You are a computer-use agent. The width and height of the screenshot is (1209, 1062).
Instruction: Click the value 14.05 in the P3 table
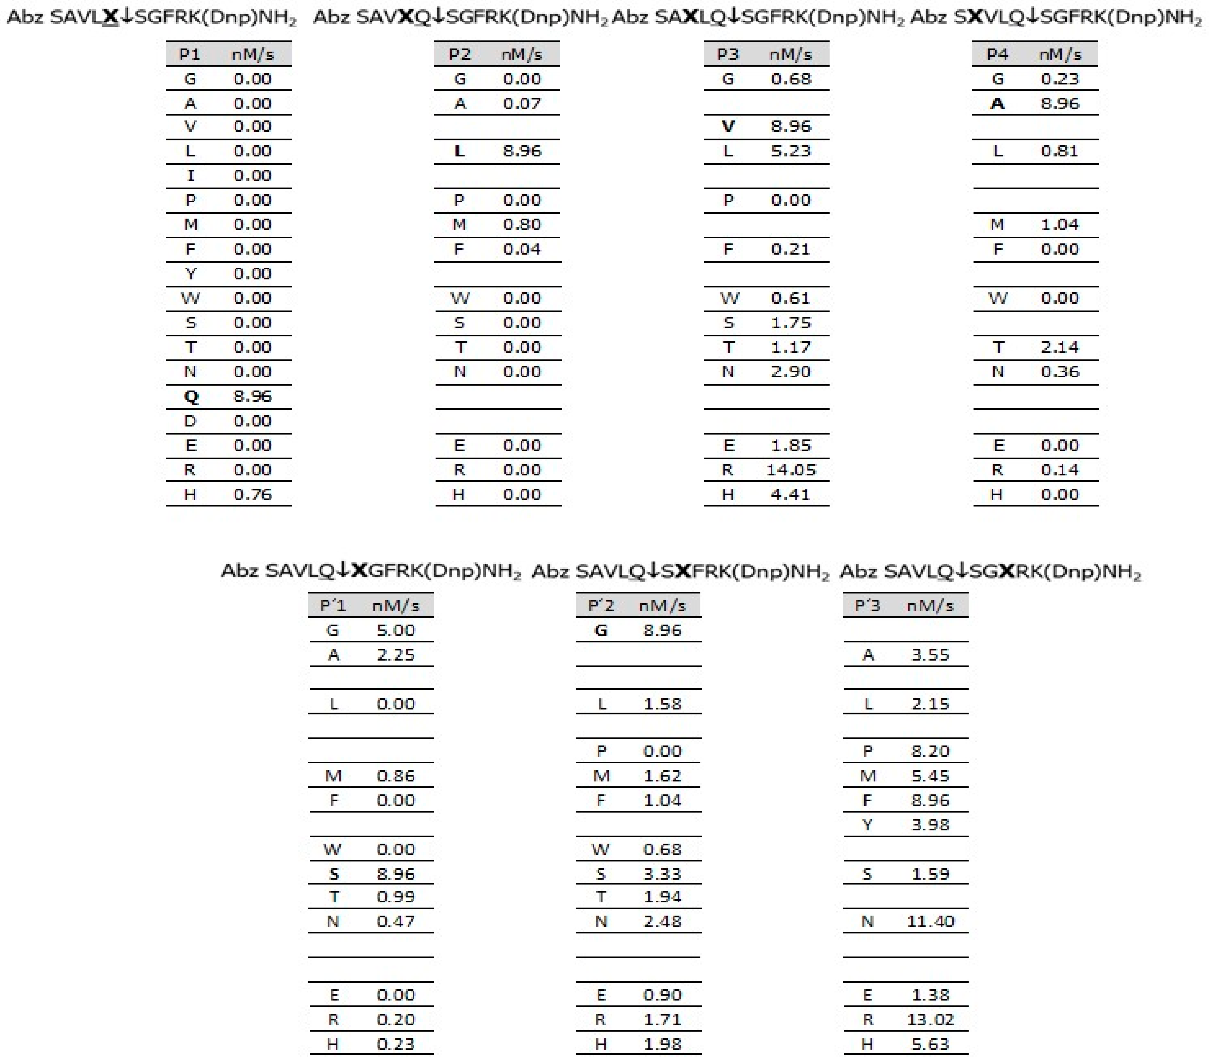(790, 470)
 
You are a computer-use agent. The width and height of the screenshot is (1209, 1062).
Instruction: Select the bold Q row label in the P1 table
(190, 396)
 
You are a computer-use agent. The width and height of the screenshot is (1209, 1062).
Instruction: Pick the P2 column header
(460, 55)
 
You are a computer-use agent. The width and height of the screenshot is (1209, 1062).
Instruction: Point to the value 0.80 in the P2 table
(522, 224)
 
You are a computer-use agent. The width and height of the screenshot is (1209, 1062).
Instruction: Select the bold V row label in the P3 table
(728, 126)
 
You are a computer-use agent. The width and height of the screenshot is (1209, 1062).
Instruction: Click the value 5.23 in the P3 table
(790, 151)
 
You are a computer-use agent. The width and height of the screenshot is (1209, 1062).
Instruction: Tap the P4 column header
(997, 55)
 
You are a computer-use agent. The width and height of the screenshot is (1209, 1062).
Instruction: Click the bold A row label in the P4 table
(997, 103)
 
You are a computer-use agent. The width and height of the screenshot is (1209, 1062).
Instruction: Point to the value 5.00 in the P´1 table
(396, 630)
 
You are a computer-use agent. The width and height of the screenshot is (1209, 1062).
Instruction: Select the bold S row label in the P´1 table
(334, 874)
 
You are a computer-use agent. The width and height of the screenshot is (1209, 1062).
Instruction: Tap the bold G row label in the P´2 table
(600, 630)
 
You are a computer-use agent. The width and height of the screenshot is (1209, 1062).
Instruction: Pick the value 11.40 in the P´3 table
(930, 921)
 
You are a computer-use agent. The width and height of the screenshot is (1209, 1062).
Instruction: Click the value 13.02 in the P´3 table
(930, 1019)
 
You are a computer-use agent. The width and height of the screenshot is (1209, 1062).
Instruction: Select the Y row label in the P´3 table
(868, 824)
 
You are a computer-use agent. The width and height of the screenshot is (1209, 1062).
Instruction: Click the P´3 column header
(868, 605)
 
